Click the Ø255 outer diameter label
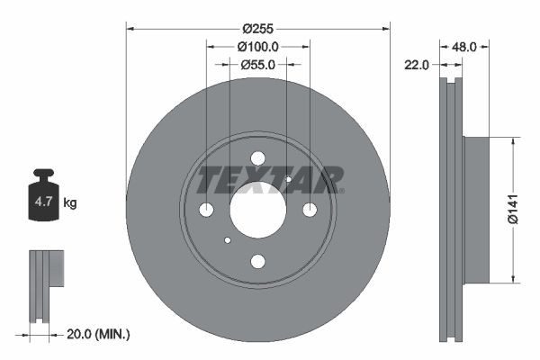[x=257, y=16]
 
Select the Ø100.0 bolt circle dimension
[x=257, y=46]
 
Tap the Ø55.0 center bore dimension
[x=257, y=65]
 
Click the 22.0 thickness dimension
[x=417, y=65]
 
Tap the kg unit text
[x=70, y=203]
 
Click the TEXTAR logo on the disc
[x=269, y=179]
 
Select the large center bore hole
[x=257, y=210]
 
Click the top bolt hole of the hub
[x=257, y=157]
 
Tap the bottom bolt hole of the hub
[x=257, y=261]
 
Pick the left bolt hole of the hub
[x=206, y=210]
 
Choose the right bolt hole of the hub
[x=310, y=210]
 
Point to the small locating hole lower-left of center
[x=228, y=239]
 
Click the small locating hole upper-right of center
[x=288, y=179]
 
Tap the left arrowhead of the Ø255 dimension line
[x=130, y=29]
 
